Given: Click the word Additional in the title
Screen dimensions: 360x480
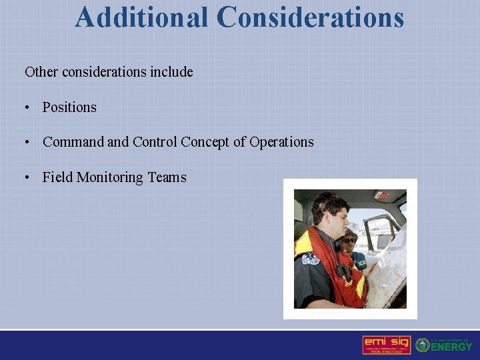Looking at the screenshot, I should coord(142,17).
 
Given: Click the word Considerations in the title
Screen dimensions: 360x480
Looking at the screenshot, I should coord(311,17).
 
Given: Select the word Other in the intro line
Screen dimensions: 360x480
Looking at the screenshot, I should coord(41,72).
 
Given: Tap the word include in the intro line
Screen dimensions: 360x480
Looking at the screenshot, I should coord(171,72).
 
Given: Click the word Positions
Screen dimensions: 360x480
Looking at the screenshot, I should coord(69,107).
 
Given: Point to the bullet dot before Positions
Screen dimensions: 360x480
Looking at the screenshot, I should coord(27,108).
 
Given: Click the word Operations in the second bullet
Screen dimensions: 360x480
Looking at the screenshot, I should coord(281,142).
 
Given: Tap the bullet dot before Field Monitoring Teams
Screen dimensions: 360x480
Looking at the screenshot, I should coord(27,178).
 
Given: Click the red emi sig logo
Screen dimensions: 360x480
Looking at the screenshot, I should coord(386,345).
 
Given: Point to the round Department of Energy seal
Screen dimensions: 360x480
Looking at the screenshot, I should coord(422,345).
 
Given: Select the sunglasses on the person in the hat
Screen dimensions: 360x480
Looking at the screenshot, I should coord(348,240).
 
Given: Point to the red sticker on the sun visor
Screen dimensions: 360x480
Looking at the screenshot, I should coord(381,195).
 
